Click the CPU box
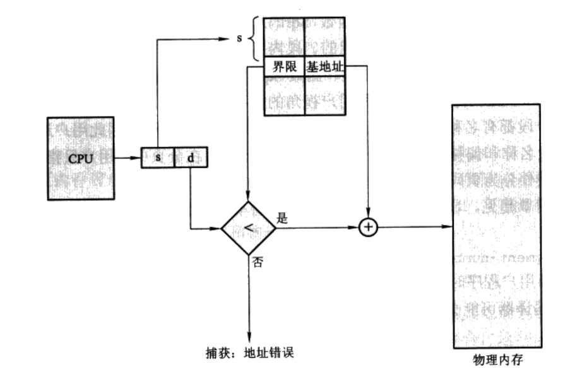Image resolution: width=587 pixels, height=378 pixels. (x=80, y=158)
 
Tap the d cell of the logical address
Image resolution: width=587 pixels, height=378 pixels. (x=190, y=157)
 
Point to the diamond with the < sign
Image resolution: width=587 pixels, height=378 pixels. (x=248, y=228)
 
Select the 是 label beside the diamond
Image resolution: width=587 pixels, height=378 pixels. (x=282, y=219)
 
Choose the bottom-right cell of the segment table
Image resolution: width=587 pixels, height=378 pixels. (x=326, y=95)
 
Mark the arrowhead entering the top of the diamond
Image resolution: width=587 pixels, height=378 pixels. (x=248, y=197)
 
